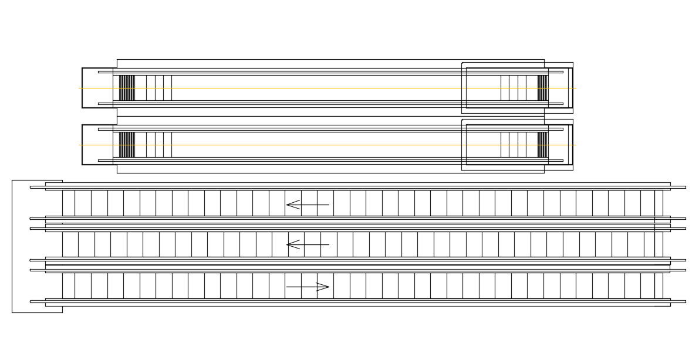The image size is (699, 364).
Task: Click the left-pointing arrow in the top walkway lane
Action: pyautogui.click(x=307, y=205)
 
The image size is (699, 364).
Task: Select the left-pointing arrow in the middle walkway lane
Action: pyautogui.click(x=307, y=244)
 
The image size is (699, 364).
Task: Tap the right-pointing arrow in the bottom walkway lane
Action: pyautogui.click(x=308, y=287)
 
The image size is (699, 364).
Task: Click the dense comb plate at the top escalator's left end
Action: pyautogui.click(x=127, y=88)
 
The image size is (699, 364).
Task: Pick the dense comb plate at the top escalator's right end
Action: pyautogui.click(x=542, y=88)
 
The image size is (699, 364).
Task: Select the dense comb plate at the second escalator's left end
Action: pyautogui.click(x=127, y=145)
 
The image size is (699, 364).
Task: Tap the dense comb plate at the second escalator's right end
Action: pyautogui.click(x=542, y=145)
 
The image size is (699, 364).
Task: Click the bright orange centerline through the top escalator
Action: pyautogui.click(x=329, y=88)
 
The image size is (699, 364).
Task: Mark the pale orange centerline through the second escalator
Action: pyautogui.click(x=329, y=145)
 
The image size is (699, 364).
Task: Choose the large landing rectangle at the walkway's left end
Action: pyautogui.click(x=29, y=246)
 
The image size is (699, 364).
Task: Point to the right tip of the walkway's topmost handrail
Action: pyautogui.click(x=684, y=187)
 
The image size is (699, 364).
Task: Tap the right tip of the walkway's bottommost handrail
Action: pyautogui.click(x=684, y=301)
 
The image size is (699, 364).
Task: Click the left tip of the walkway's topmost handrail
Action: pyautogui.click(x=32, y=187)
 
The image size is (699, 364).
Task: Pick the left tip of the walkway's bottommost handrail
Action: pyautogui.click(x=32, y=301)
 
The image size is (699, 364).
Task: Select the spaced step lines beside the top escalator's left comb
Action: pyautogui.click(x=158, y=88)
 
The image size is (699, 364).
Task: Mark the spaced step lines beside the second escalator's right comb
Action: pyautogui.click(x=514, y=145)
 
